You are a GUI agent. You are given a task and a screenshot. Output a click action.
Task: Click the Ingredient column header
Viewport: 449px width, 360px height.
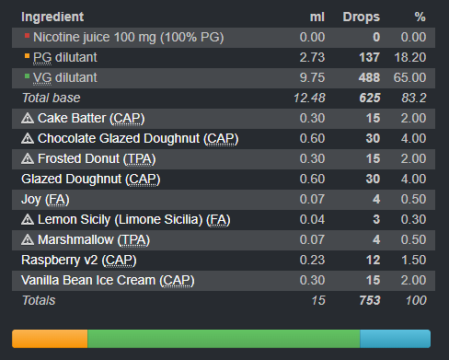pos(52,17)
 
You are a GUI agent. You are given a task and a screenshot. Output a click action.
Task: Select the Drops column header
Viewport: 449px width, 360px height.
pos(362,17)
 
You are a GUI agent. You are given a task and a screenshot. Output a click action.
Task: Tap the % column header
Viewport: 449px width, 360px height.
pos(420,17)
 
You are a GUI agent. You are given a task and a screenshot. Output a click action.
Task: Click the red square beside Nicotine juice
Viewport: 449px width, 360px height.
pos(27,36)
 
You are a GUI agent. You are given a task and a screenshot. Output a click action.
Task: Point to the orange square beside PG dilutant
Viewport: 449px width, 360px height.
pos(27,56)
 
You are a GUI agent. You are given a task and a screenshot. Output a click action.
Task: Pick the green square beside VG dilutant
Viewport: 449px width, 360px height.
pos(27,76)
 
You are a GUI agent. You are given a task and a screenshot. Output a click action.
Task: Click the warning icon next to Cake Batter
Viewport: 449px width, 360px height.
pos(28,118)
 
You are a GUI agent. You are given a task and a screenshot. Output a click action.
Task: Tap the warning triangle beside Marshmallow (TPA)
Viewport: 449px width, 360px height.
pos(28,239)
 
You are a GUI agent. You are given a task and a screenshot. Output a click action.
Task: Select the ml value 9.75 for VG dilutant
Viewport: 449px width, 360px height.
pos(312,77)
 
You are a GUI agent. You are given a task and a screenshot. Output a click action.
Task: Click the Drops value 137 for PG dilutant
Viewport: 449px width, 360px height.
pos(370,57)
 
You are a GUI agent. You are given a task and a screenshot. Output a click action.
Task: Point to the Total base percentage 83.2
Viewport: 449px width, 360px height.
pos(414,98)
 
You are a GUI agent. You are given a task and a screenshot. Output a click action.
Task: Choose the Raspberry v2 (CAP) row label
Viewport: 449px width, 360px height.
pos(79,261)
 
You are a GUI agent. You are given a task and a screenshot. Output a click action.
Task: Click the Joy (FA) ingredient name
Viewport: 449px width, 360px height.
pos(45,200)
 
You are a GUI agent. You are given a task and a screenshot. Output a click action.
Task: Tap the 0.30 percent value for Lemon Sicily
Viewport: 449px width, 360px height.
pos(413,219)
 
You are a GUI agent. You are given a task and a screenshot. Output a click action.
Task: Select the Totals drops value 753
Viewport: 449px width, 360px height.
pos(370,300)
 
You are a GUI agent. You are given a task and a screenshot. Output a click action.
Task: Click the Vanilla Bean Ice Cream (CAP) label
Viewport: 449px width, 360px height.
pos(108,281)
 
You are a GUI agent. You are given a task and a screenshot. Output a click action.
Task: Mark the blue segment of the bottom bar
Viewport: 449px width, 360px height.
pos(396,339)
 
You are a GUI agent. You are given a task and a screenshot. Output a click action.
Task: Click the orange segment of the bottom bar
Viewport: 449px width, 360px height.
pos(50,339)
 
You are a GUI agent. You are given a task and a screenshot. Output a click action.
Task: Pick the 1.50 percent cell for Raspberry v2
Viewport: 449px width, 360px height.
pos(414,260)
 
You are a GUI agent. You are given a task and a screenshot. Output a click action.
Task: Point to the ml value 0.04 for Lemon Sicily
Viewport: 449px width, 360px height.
pos(312,219)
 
